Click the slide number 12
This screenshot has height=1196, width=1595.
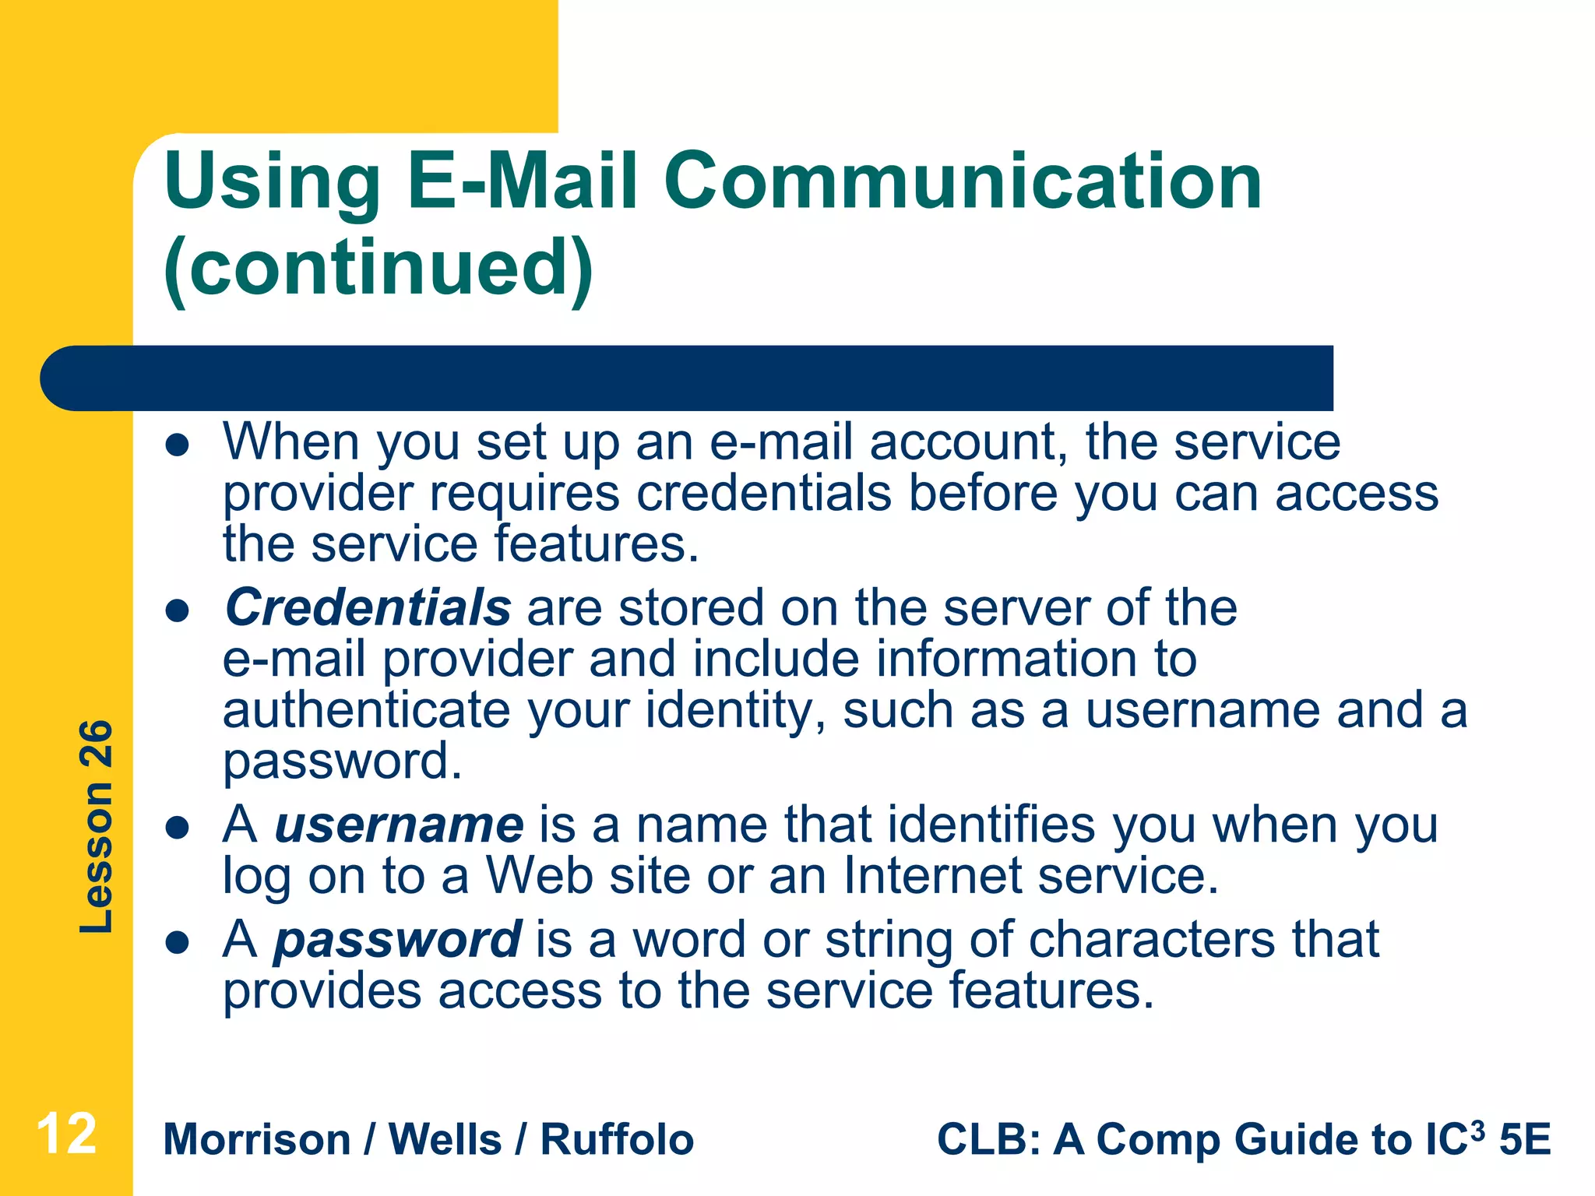pyautogui.click(x=67, y=1134)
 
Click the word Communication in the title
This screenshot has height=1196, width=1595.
pyautogui.click(x=962, y=181)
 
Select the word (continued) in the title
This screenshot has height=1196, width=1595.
pyautogui.click(x=379, y=269)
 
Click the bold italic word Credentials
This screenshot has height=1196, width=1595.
pyautogui.click(x=368, y=607)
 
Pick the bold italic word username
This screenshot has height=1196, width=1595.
pyautogui.click(x=399, y=825)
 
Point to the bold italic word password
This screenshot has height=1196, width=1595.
pyautogui.click(x=397, y=939)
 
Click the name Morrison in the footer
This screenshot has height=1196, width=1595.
pyautogui.click(x=257, y=1140)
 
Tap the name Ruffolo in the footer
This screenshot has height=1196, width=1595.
pyautogui.click(x=617, y=1140)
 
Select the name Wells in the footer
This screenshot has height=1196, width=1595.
pyautogui.click(x=445, y=1140)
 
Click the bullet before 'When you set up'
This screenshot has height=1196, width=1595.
pyautogui.click(x=178, y=445)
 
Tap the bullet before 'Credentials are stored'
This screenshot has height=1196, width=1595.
pyautogui.click(x=178, y=611)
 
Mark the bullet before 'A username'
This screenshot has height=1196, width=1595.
pyautogui.click(x=178, y=828)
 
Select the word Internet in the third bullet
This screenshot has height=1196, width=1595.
pyautogui.click(x=932, y=876)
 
